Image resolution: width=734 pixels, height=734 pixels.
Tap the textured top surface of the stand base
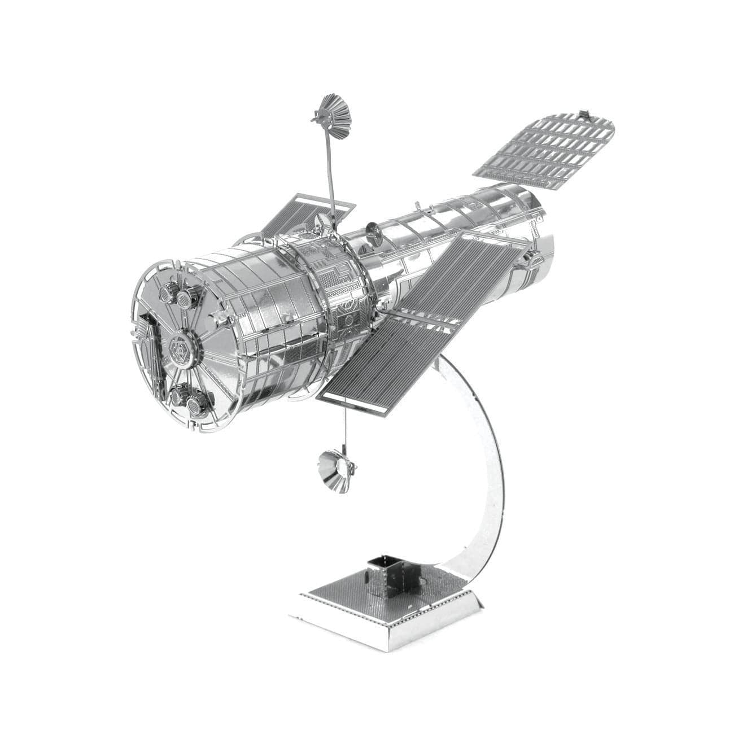tap(339, 593)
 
